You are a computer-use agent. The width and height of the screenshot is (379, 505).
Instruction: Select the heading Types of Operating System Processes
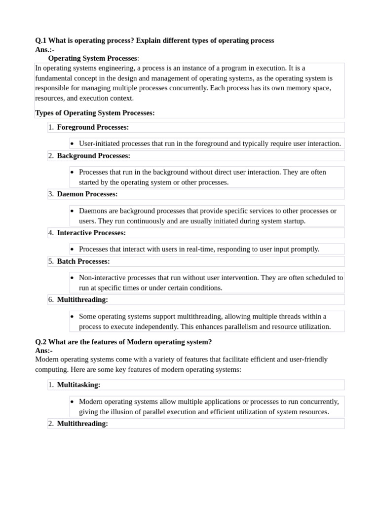click(x=95, y=113)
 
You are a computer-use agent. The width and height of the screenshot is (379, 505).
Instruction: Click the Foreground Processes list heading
click(x=93, y=127)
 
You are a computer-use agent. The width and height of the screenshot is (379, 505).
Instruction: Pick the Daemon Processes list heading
click(x=87, y=194)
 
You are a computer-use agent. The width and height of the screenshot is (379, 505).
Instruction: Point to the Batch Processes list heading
click(x=83, y=261)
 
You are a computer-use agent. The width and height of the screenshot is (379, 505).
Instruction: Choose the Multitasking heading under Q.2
click(x=78, y=385)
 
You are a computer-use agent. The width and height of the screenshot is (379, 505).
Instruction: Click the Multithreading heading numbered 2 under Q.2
click(x=82, y=424)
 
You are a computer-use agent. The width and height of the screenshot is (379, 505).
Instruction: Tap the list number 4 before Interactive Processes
click(x=51, y=233)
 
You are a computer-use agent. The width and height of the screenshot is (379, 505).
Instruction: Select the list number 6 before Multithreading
click(x=51, y=300)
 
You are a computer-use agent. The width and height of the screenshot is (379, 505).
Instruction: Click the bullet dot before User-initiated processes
click(x=73, y=144)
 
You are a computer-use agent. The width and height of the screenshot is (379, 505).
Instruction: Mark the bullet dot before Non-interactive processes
click(x=73, y=278)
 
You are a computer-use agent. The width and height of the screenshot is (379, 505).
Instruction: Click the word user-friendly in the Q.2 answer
click(x=307, y=359)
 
